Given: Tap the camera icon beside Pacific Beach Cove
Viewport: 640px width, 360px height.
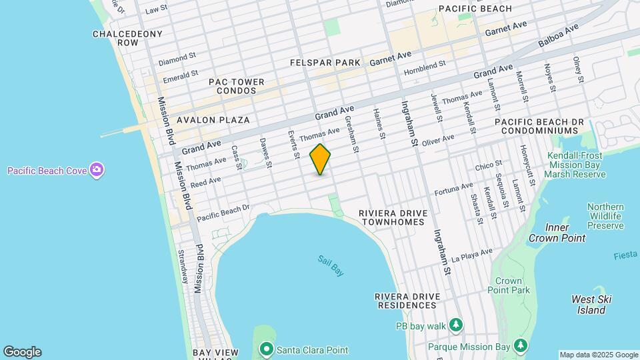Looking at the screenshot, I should (97, 171).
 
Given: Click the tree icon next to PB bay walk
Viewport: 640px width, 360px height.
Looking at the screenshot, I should (456, 325).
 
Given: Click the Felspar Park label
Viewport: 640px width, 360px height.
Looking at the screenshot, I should (325, 63).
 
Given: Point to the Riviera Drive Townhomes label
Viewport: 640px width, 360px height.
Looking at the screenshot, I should (391, 217).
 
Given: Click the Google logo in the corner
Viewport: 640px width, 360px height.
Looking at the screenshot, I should (22, 352).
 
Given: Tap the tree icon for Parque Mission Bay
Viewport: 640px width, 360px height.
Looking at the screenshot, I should (520, 346).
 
